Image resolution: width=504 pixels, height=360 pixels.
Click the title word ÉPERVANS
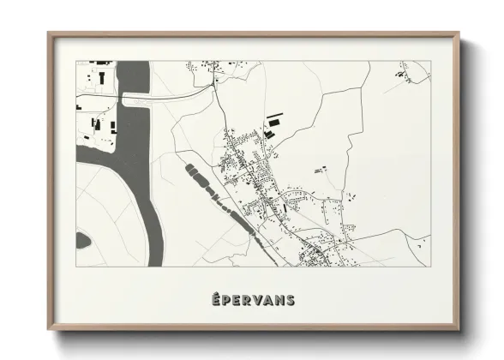[252, 300]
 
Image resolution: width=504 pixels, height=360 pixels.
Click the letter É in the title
[214, 300]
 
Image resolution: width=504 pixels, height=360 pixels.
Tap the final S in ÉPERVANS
[291, 300]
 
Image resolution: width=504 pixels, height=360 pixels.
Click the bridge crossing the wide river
[171, 96]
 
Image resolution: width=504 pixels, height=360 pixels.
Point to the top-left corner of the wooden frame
[49, 33]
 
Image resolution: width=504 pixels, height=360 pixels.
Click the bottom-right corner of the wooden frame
[458, 329]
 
